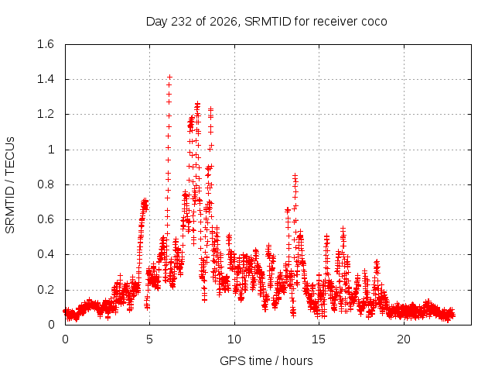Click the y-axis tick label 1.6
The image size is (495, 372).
tap(46, 44)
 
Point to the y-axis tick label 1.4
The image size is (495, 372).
tap(46, 79)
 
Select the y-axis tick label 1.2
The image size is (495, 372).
tap(46, 114)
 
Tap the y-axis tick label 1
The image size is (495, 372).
tap(51, 150)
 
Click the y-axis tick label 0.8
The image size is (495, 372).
tap(46, 184)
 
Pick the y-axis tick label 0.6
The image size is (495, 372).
tap(46, 219)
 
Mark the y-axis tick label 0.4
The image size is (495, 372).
tap(46, 254)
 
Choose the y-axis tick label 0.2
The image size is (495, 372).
tap(46, 289)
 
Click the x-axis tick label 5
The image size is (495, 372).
tap(149, 339)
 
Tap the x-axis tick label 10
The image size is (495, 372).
tap(234, 339)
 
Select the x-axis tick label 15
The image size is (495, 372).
tap(319, 339)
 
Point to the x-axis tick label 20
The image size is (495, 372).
tap(404, 339)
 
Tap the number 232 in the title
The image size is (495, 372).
tap(181, 22)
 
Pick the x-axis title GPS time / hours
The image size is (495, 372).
tap(266, 360)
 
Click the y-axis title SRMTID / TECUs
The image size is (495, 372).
tap(10, 185)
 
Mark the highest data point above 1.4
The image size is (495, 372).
tap(170, 77)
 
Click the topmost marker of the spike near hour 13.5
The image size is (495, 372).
tap(295, 175)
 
